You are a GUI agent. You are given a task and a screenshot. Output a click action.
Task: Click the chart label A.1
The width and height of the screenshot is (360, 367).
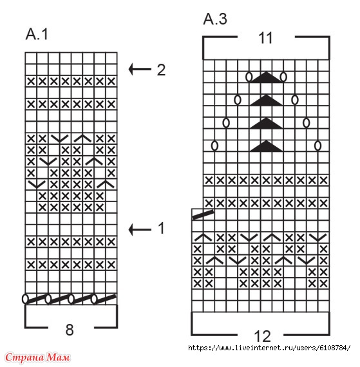point(37,34)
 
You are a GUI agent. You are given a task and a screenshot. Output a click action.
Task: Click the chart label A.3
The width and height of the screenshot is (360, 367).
point(215,19)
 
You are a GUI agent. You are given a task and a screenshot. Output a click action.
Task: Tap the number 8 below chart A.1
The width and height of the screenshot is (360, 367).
point(70,330)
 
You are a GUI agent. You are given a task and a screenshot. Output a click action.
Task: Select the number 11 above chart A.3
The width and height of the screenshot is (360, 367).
point(266,38)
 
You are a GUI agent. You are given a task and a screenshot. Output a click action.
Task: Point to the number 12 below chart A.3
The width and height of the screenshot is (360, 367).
point(263,336)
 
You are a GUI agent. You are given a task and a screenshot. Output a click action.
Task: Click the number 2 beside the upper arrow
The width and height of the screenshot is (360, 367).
point(161,70)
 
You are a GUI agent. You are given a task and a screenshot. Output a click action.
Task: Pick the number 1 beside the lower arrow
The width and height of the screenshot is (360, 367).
point(161,228)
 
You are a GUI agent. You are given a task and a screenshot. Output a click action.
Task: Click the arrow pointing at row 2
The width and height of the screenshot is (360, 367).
point(140,69)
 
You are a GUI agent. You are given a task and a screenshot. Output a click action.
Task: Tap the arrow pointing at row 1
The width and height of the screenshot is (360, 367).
point(140,229)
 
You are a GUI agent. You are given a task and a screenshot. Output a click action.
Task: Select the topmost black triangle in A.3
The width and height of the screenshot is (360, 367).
point(266,77)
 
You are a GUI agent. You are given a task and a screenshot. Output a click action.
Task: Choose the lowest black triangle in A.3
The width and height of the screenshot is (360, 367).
point(266,146)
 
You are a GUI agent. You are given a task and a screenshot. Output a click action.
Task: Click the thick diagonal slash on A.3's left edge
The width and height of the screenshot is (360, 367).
point(203,215)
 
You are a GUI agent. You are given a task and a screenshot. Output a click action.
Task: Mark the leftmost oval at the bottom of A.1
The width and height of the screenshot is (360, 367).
point(25,299)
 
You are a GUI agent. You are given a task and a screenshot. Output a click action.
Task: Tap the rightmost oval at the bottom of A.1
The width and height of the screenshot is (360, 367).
point(94,299)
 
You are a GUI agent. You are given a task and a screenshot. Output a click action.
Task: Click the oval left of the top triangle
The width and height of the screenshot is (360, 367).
point(249,77)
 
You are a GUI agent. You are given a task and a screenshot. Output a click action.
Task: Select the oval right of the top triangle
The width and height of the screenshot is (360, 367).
point(283,77)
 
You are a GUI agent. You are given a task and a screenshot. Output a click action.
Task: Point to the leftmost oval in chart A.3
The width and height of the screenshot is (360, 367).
point(214,146)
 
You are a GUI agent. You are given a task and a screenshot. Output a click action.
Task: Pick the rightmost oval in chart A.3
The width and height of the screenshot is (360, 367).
point(317,146)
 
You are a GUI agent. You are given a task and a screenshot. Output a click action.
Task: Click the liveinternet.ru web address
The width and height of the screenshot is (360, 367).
point(269,348)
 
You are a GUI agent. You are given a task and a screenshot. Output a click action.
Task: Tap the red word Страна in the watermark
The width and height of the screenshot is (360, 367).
point(24,357)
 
